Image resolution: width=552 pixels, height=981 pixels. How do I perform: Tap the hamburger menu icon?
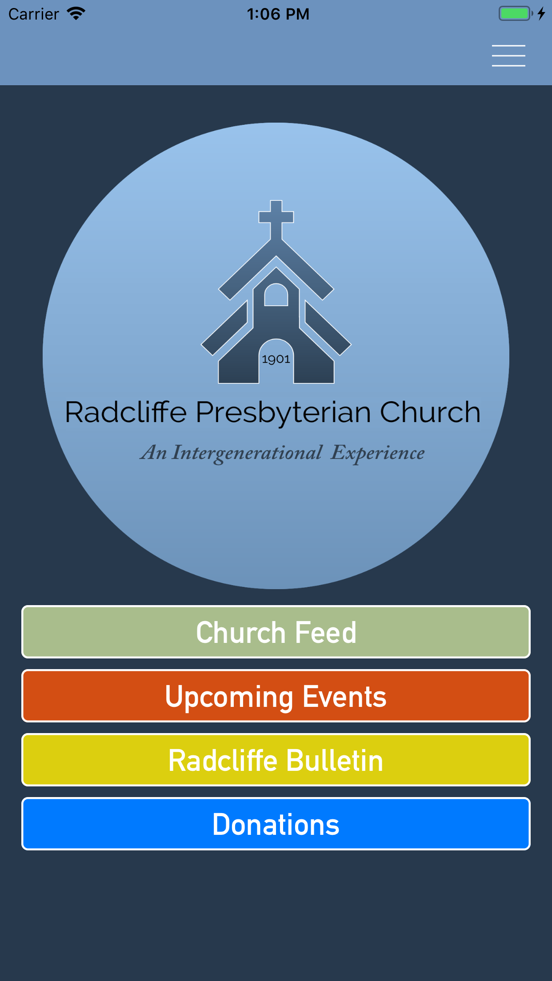click(508, 56)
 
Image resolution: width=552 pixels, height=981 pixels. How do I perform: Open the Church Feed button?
click(276, 632)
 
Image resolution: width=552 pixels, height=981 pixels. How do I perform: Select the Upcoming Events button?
click(276, 696)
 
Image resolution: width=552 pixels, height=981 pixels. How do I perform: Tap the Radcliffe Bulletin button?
click(276, 760)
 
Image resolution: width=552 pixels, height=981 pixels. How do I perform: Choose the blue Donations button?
click(276, 824)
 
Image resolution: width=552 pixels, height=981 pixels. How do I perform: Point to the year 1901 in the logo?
click(276, 359)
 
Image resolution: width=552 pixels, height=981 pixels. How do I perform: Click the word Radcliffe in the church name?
click(126, 412)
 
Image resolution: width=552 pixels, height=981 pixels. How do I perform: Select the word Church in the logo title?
click(430, 412)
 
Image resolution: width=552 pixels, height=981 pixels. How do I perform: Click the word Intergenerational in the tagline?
click(247, 454)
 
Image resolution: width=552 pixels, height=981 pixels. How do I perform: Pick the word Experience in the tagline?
click(378, 454)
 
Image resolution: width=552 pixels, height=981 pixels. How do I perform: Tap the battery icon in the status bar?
click(516, 14)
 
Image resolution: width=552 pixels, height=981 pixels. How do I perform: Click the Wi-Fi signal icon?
click(76, 14)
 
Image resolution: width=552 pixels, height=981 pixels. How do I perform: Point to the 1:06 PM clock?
click(278, 14)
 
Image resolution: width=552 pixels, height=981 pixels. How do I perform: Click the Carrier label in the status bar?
click(34, 14)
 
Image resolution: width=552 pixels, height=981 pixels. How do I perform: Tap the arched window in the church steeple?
click(276, 295)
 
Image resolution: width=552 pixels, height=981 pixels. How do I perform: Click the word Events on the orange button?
click(344, 696)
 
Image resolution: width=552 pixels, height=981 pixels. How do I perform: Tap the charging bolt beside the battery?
click(541, 14)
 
